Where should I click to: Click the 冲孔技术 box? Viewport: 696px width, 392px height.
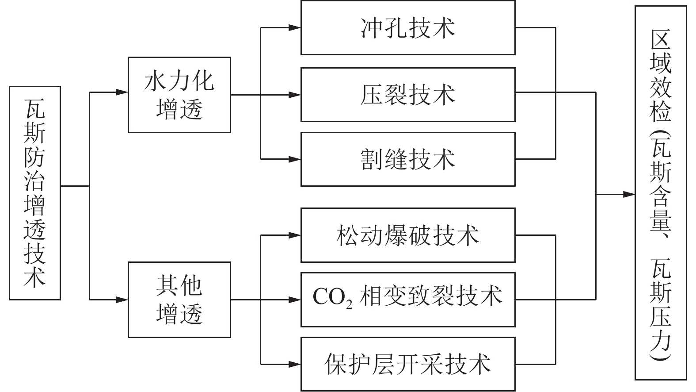point(407,28)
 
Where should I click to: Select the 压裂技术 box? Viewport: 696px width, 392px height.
point(407,95)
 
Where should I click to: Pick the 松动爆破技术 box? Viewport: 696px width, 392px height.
point(407,235)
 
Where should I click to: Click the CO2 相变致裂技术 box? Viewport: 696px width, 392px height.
point(407,300)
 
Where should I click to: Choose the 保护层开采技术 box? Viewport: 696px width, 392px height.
point(407,364)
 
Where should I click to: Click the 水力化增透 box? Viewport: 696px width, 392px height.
point(179,95)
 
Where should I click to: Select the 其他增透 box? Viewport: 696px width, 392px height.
point(179,300)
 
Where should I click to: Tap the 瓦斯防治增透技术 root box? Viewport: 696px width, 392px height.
point(35,193)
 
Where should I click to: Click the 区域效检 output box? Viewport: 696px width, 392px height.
point(661,193)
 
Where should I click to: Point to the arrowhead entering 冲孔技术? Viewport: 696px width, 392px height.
point(295,28)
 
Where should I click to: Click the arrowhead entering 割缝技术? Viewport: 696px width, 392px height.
point(295,158)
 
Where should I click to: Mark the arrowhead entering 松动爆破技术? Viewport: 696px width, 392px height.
point(295,235)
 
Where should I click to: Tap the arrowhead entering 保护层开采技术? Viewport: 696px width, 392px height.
point(295,364)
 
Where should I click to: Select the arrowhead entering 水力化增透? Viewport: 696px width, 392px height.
point(122,92)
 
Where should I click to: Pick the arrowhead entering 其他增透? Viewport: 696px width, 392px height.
point(122,300)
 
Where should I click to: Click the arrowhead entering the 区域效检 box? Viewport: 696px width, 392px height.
point(629,194)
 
